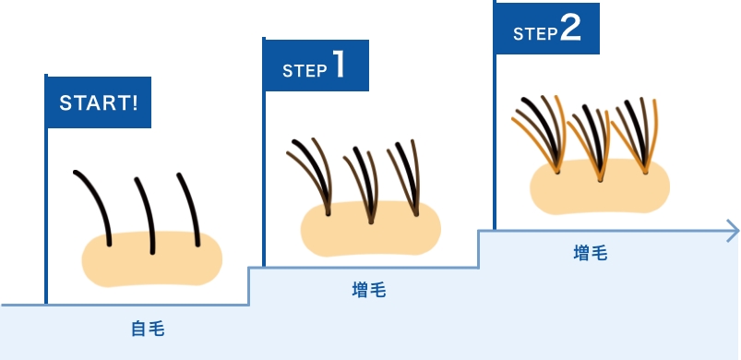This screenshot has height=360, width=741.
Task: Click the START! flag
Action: tap(99, 101)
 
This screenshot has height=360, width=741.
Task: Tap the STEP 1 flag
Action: tap(316, 67)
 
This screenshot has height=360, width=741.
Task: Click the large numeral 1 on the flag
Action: tap(339, 66)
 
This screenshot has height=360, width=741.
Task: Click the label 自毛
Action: tap(147, 327)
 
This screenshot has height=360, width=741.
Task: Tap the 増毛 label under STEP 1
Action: tap(369, 290)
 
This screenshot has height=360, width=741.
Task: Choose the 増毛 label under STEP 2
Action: tap(591, 252)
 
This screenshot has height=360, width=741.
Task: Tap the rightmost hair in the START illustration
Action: tap(190, 208)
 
